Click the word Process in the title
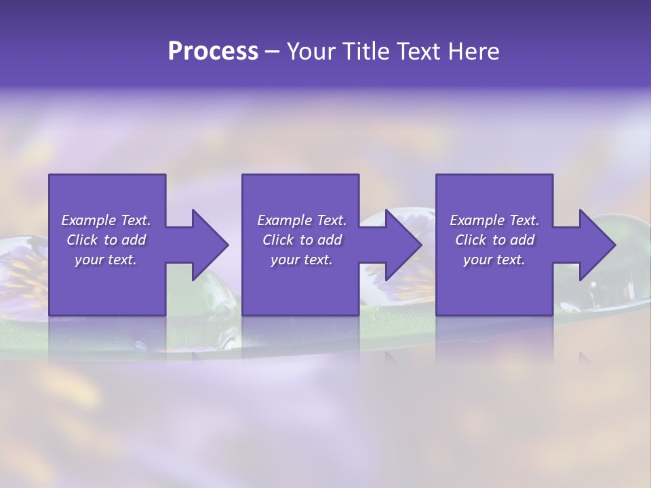click(x=213, y=52)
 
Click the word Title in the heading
click(x=362, y=52)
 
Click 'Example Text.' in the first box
click(x=106, y=220)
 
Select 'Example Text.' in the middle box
click(x=302, y=220)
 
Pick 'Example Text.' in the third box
click(x=494, y=220)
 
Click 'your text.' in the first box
click(x=106, y=260)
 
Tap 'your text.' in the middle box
click(x=302, y=260)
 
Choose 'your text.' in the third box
click(x=494, y=260)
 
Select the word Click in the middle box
click(x=278, y=240)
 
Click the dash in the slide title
click(x=272, y=52)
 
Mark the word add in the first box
click(x=133, y=240)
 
